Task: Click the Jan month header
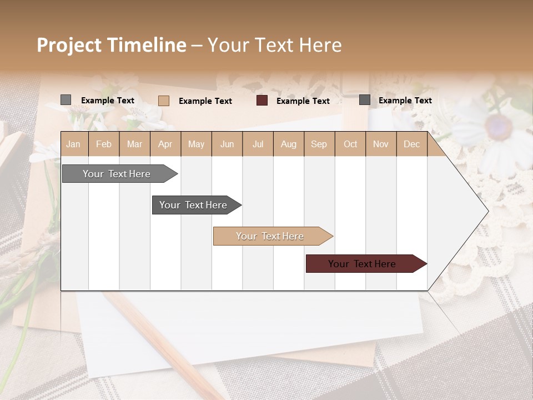click(x=73, y=144)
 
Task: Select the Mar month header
click(x=134, y=144)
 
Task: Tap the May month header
click(x=196, y=144)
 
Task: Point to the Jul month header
click(x=258, y=144)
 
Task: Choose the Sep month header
click(x=319, y=144)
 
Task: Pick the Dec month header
click(x=411, y=144)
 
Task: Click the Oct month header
click(x=350, y=144)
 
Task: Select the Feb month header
click(x=104, y=144)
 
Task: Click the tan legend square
click(x=164, y=101)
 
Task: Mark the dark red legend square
click(x=262, y=101)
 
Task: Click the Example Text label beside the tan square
click(x=205, y=101)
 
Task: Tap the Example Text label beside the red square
click(x=303, y=101)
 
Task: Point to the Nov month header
click(x=381, y=144)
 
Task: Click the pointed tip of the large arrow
click(x=487, y=211)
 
